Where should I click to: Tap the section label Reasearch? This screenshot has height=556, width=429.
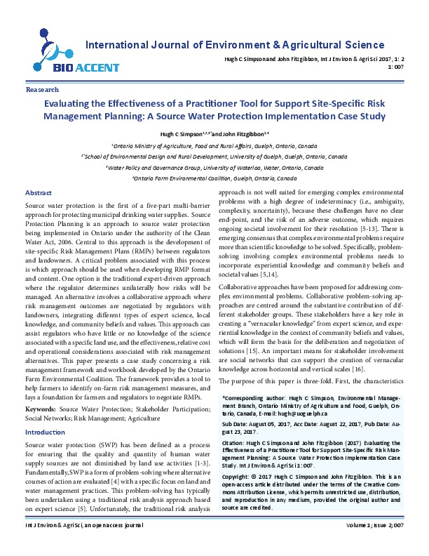[x=42, y=91]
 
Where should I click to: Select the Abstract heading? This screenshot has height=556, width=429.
[x=38, y=173]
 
